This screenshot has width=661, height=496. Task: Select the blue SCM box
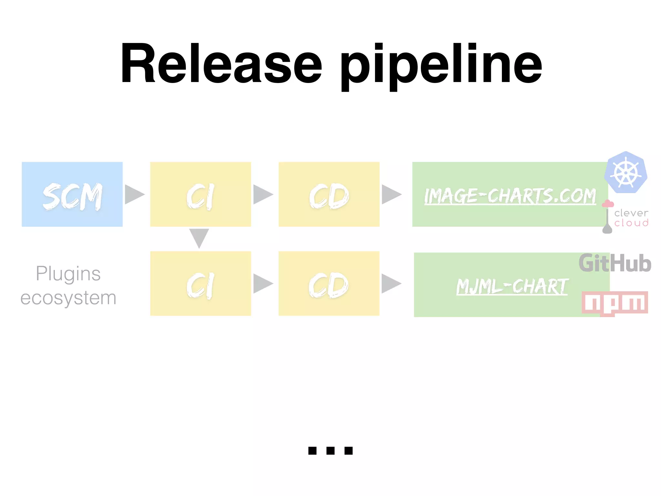click(72, 194)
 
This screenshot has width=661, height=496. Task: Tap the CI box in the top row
click(200, 194)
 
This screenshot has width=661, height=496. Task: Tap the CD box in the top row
click(329, 194)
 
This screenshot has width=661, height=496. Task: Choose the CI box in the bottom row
click(200, 284)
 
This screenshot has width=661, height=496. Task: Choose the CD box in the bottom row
click(329, 284)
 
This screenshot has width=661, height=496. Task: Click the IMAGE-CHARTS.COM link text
click(510, 196)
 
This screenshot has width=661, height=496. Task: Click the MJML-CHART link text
click(512, 286)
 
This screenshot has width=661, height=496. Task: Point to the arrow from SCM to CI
click(134, 194)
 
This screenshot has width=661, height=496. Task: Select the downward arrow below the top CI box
click(199, 238)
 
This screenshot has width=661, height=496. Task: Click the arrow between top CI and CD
click(262, 194)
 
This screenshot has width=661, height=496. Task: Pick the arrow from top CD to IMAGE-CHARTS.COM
click(391, 194)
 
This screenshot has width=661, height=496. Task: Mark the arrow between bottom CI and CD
click(262, 284)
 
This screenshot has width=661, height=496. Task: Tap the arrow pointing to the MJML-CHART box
click(391, 284)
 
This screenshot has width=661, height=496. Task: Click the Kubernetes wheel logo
click(625, 172)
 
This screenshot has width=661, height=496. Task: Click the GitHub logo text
click(615, 263)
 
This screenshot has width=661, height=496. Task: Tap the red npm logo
click(615, 303)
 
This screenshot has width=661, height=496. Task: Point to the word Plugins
click(68, 274)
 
